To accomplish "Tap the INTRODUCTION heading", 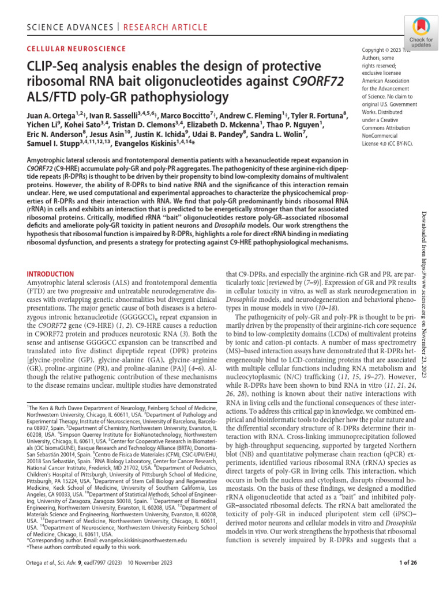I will pyautogui.click(x=51, y=274).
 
